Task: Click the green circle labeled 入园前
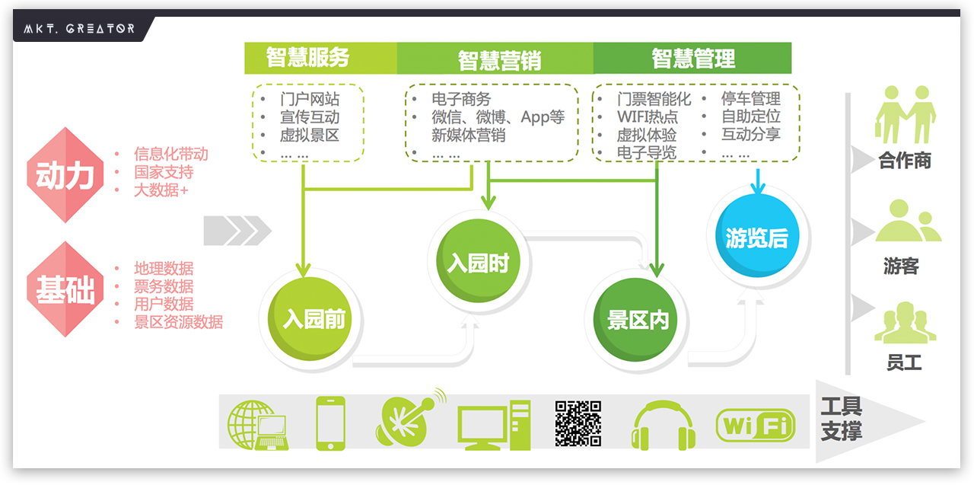[314, 319]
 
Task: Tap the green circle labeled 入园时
[477, 263]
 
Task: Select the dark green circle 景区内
[638, 321]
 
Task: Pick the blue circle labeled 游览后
[756, 238]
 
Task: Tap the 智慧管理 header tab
[693, 58]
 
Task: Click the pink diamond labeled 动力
[65, 175]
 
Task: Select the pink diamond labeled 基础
[65, 289]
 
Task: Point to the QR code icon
[578, 423]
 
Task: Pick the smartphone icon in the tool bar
[330, 424]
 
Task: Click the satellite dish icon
[408, 419]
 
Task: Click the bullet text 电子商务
[461, 99]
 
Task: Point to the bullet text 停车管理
[751, 99]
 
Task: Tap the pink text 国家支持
[164, 172]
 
